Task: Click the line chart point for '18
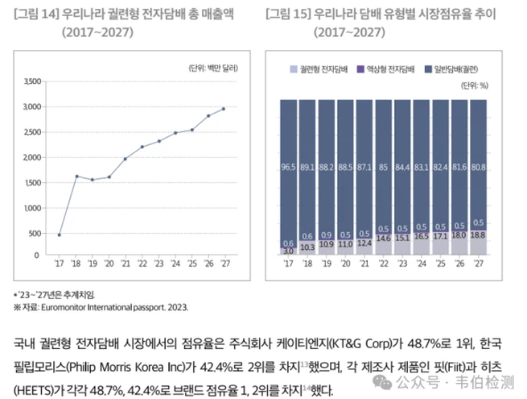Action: (77, 176)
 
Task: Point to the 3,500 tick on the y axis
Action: (32, 82)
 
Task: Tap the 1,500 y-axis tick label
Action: (32, 182)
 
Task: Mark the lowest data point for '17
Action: (59, 235)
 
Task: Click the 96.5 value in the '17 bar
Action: (288, 167)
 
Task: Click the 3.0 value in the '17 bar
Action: (287, 251)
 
